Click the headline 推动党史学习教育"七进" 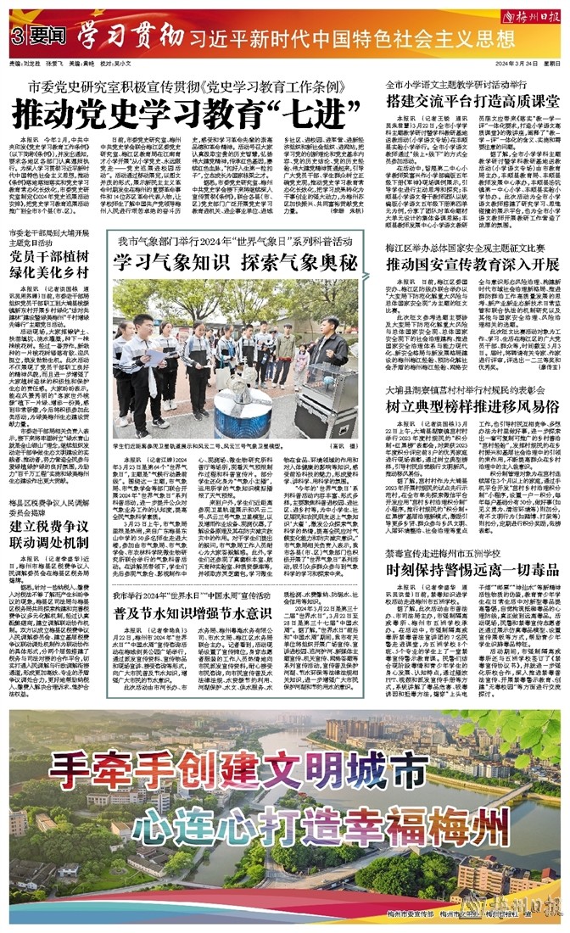click(171, 112)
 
